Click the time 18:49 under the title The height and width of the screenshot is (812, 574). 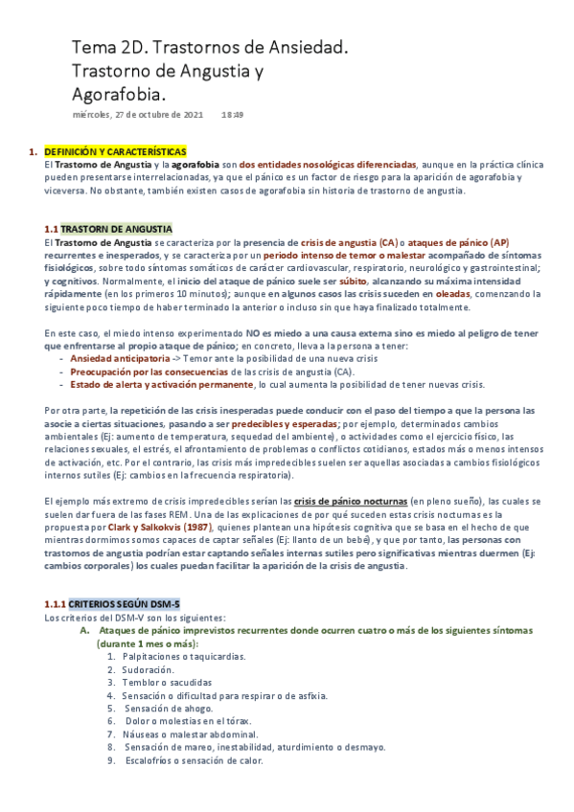(x=233, y=115)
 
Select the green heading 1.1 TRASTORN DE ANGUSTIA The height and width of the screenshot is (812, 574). (x=108, y=230)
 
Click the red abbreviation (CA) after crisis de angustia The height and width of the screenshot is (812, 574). (x=388, y=243)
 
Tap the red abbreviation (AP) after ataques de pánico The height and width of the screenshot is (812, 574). (x=500, y=243)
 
